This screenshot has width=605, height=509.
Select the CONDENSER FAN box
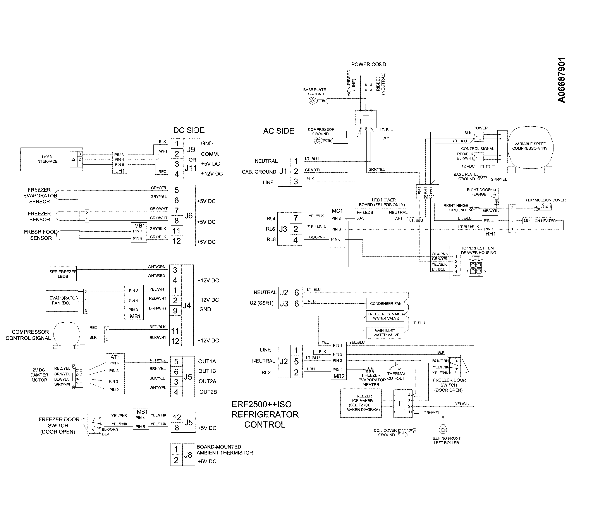pyautogui.click(x=385, y=304)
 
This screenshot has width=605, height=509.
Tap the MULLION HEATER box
pyautogui.click(x=539, y=221)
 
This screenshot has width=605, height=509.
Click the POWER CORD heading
pyautogui.click(x=368, y=64)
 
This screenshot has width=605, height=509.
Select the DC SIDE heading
pyautogui.click(x=189, y=131)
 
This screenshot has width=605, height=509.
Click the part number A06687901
pyautogui.click(x=561, y=80)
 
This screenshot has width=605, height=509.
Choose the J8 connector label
pyautogui.click(x=188, y=455)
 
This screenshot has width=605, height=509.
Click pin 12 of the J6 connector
pyautogui.click(x=177, y=241)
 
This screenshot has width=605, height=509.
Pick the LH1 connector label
pyautogui.click(x=120, y=170)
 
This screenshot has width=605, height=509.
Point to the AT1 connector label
pyautogui.click(x=115, y=357)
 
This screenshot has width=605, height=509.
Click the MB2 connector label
pyautogui.click(x=339, y=376)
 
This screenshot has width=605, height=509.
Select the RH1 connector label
pyautogui.click(x=490, y=233)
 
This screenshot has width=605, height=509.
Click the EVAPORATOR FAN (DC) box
pyautogui.click(x=62, y=301)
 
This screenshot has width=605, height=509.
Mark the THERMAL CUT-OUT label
pyautogui.click(x=396, y=376)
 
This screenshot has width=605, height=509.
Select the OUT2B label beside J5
pyautogui.click(x=208, y=392)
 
